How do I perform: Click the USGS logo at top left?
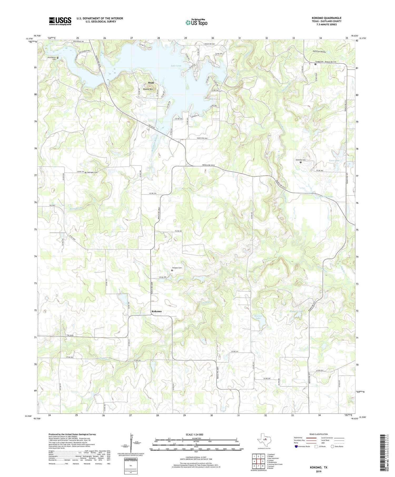coord(60,21)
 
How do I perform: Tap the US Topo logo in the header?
coord(196,23)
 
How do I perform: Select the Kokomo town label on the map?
coord(156,311)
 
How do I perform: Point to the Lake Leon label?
coord(176,66)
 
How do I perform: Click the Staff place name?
coord(151,83)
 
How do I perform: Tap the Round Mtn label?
coord(148,89)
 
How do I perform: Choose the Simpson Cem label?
coord(177,268)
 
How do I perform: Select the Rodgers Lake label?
coord(297,311)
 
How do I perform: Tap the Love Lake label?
coord(334,160)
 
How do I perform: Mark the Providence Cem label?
coord(52,58)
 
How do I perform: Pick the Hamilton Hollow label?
coord(319,52)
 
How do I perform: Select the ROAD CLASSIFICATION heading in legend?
coord(319,434)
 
